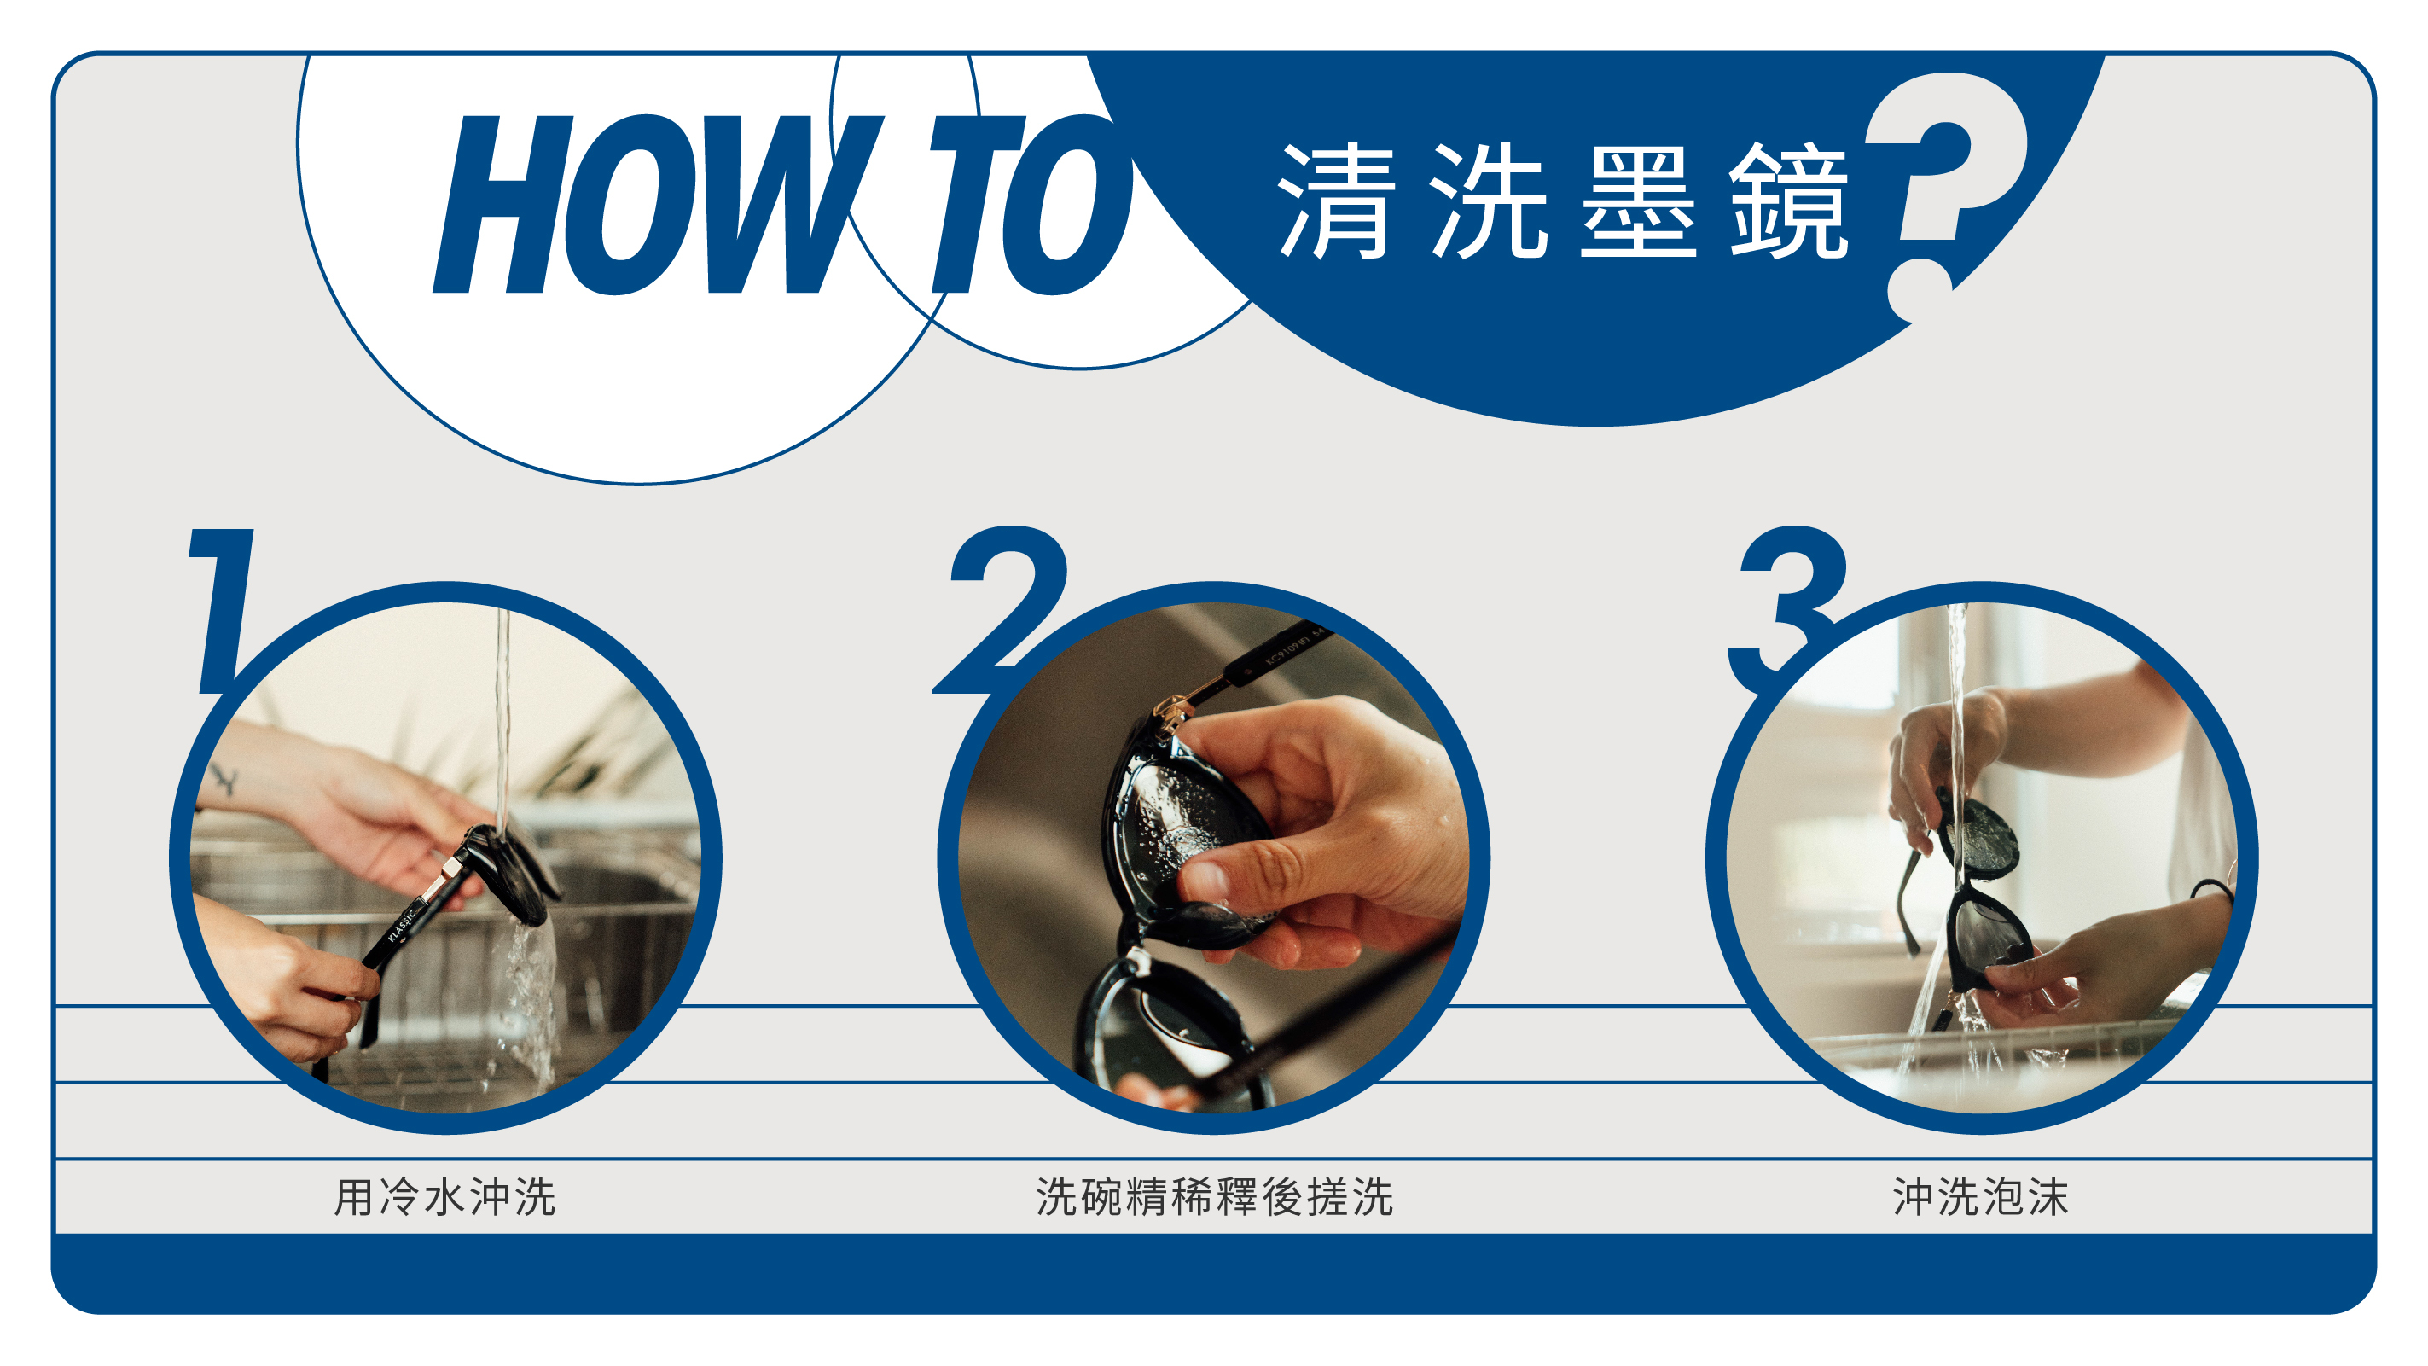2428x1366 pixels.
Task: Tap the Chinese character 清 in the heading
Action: pyautogui.click(x=1337, y=201)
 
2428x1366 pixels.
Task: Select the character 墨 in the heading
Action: pyautogui.click(x=1638, y=201)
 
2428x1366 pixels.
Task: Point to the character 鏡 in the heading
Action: pyautogui.click(x=1789, y=201)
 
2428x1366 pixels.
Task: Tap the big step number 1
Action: pyautogui.click(x=223, y=611)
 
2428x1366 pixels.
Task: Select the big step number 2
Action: pyautogui.click(x=1001, y=609)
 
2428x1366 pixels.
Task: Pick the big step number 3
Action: pyautogui.click(x=1784, y=609)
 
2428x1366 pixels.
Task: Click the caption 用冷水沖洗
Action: pyautogui.click(x=444, y=1197)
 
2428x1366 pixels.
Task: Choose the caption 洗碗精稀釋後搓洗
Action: pyautogui.click(x=1214, y=1197)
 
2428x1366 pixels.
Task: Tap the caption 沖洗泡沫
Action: pyautogui.click(x=1981, y=1197)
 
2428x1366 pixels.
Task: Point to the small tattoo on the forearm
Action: pyautogui.click(x=224, y=781)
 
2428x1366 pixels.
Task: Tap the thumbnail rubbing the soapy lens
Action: pyautogui.click(x=1207, y=881)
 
